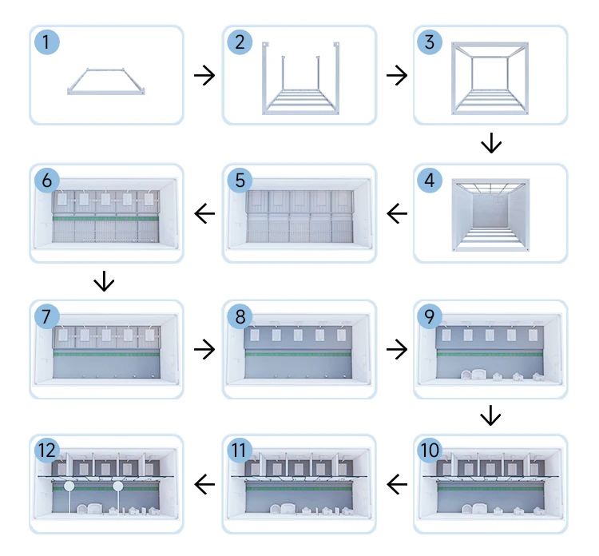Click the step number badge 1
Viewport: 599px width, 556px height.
47,42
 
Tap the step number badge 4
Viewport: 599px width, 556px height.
430,180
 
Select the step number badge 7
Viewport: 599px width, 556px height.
47,316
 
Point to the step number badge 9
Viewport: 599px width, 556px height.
430,316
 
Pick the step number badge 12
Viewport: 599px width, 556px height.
47,451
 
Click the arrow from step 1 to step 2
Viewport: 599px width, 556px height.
204,76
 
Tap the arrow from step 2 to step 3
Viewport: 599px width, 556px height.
396,76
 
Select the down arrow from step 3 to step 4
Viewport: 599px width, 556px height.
491,145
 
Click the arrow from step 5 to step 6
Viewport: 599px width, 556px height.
204,213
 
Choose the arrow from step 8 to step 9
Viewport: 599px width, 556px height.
396,349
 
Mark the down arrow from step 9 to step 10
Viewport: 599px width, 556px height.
491,416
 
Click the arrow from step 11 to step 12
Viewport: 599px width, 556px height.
204,483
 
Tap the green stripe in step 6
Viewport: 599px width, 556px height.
105,217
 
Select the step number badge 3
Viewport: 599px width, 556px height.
430,42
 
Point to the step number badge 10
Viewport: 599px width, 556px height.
430,451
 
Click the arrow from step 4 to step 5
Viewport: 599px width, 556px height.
396,213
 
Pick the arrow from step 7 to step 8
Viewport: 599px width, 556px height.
204,349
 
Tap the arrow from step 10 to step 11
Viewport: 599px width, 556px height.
396,483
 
